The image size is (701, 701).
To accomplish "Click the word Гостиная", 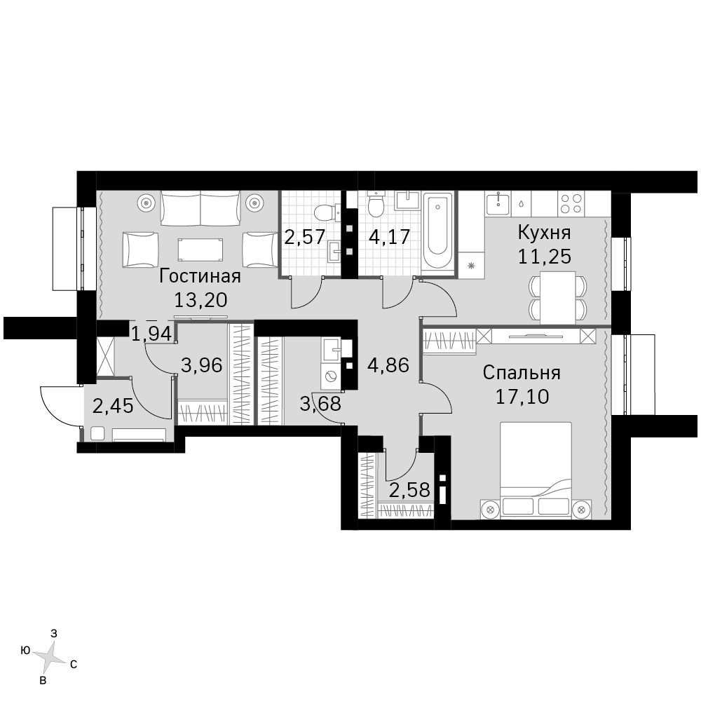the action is tap(200, 276).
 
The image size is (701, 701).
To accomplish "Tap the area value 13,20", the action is tap(200, 300).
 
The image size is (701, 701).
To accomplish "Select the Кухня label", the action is tap(544, 233).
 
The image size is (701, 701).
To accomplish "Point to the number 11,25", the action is tap(545, 257).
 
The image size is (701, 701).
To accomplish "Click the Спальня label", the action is tap(522, 372).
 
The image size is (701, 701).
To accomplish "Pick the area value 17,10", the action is tap(522, 396).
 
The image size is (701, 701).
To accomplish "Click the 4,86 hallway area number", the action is tap(388, 366).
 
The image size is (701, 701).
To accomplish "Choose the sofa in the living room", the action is tap(200, 208).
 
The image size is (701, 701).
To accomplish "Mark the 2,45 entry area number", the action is tap(113, 407).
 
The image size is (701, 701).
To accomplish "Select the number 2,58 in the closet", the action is tap(409, 490).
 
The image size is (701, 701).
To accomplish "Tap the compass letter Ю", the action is tap(25, 651).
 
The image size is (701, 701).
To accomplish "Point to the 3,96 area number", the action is tap(202, 366).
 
